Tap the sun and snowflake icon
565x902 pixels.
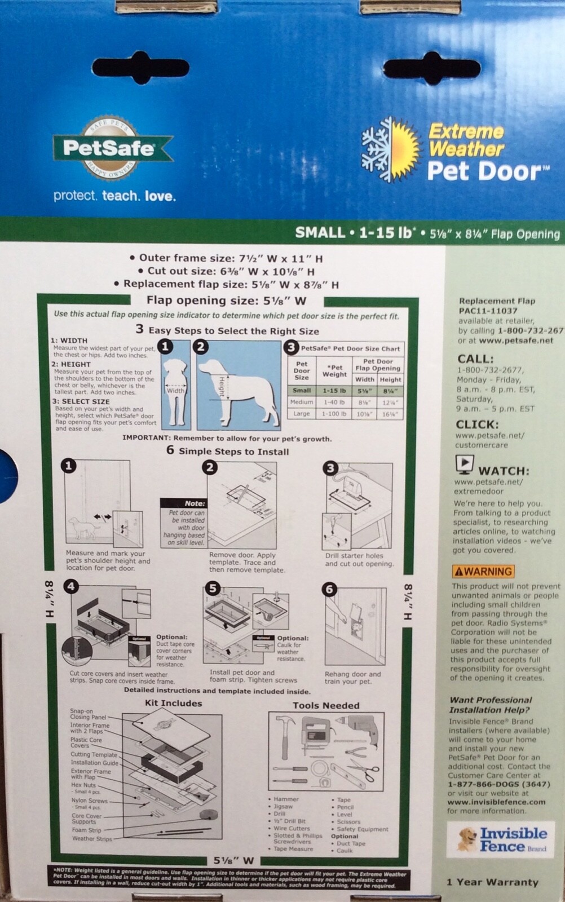[x=391, y=149]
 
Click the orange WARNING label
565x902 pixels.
[x=483, y=571]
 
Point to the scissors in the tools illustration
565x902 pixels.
[x=361, y=770]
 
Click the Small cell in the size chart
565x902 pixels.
[x=302, y=390]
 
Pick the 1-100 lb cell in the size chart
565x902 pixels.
[x=334, y=413]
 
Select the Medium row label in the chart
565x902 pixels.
[x=302, y=402]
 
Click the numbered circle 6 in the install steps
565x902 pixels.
[x=330, y=590]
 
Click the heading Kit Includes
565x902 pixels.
[x=173, y=703]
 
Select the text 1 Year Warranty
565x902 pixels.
[x=492, y=882]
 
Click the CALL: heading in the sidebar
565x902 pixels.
[x=475, y=359]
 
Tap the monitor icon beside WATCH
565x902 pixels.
[x=464, y=465]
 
